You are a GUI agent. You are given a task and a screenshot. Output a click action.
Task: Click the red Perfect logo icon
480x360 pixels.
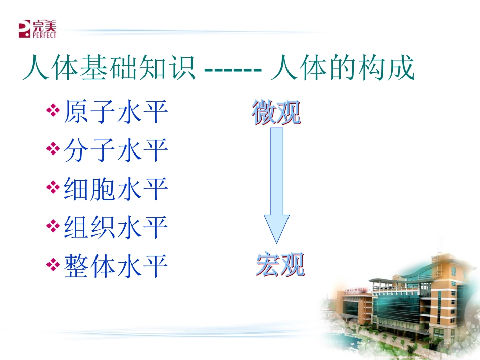[x=24, y=29]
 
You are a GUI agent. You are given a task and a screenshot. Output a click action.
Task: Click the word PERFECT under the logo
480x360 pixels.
[x=44, y=36]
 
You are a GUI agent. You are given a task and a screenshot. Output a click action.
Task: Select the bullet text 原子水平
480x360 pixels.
[x=116, y=112]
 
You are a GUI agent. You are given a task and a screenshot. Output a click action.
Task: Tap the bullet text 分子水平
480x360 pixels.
[x=116, y=150]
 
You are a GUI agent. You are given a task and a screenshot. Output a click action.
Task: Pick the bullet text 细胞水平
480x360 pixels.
[x=116, y=189]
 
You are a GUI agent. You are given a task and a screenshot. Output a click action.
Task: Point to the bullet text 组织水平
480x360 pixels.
[x=116, y=227]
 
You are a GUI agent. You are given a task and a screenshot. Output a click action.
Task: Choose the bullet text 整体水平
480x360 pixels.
[x=116, y=266]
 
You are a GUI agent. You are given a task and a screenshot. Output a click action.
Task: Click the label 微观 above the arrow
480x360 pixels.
[x=276, y=113]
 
